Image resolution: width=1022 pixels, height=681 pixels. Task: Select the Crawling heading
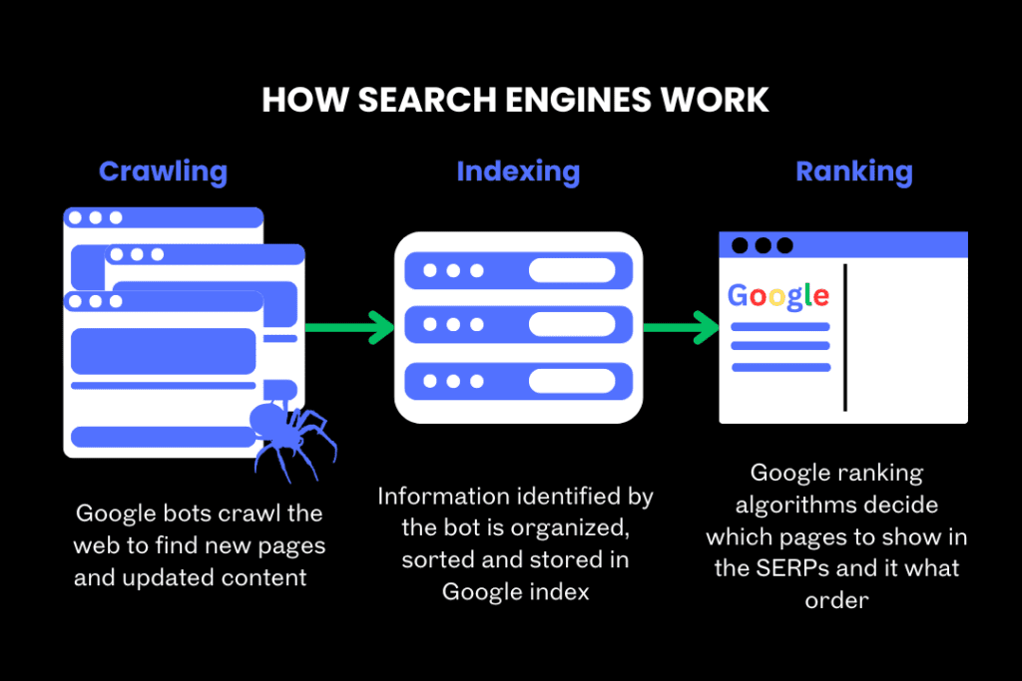click(x=163, y=171)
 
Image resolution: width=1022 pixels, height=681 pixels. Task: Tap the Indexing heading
click(x=518, y=171)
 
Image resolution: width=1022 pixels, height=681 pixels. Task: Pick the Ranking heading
click(x=853, y=171)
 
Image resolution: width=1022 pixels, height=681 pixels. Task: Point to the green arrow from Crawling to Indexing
click(x=349, y=326)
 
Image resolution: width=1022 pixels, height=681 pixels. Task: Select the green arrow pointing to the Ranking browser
click(x=683, y=326)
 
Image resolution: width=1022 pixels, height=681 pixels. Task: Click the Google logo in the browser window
click(x=778, y=295)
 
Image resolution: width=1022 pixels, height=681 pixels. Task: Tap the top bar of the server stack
click(x=518, y=270)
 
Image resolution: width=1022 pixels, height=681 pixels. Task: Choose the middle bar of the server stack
click(x=518, y=324)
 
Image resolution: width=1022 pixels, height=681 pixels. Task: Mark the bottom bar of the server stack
click(x=518, y=380)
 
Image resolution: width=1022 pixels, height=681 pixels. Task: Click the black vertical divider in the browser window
click(x=845, y=337)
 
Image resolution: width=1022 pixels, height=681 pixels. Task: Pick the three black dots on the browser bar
click(x=763, y=245)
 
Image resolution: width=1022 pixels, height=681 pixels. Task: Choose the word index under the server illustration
click(x=560, y=591)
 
